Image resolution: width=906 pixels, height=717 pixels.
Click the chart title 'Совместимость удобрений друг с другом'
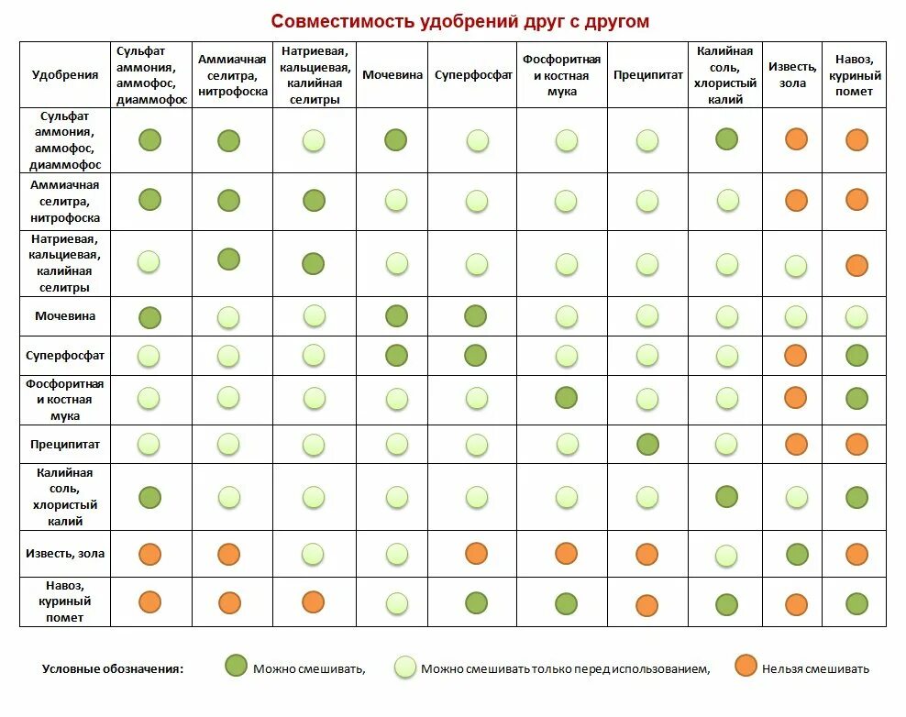459,21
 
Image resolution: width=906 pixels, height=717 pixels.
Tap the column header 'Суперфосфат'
473,75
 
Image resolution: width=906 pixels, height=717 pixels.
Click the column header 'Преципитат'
646,75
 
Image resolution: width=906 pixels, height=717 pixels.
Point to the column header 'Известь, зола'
793,75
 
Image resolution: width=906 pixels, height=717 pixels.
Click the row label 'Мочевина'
65,316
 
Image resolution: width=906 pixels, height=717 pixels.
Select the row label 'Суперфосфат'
65,355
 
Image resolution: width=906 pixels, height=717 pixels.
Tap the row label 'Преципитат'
65,445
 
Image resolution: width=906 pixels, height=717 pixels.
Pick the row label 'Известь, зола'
65,554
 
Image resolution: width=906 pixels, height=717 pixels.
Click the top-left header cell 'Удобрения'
65,75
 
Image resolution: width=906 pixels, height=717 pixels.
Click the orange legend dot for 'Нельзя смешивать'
746,667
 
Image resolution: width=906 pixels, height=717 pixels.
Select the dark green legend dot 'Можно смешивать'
237,667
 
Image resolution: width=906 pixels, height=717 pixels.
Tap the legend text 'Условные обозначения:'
113,668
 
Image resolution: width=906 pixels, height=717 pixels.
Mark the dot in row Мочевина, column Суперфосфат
476,316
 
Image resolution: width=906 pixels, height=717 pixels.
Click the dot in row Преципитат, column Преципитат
647,445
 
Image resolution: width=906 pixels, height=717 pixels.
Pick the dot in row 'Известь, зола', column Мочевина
396,554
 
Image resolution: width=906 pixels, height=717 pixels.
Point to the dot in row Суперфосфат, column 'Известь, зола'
796,356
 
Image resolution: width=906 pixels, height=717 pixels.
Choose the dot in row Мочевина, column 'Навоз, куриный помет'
856,316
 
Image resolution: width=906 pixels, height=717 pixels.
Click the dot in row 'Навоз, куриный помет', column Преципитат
647,605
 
